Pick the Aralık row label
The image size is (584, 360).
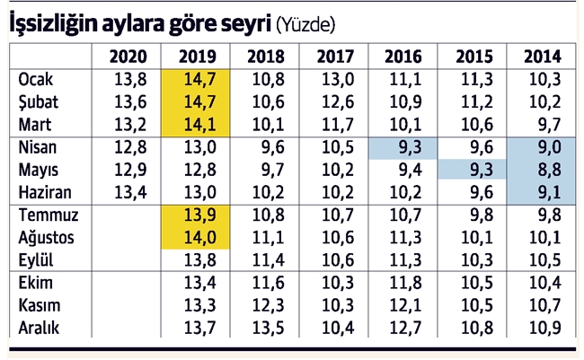[x=40, y=328]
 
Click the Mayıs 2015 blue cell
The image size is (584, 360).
[x=473, y=169]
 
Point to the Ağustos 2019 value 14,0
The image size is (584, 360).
[x=198, y=239]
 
